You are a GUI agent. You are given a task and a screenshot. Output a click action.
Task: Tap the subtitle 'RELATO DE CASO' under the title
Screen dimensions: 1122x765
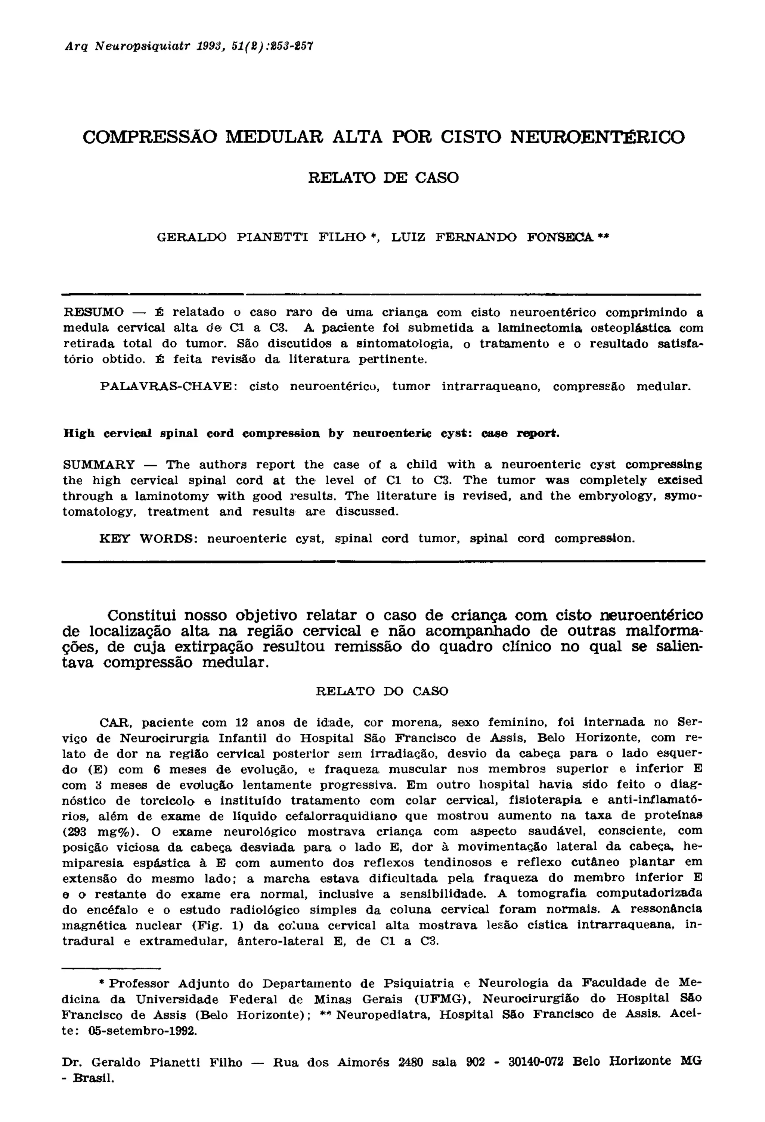pos(383,178)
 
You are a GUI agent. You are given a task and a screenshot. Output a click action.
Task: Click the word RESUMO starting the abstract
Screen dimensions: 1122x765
pos(94,312)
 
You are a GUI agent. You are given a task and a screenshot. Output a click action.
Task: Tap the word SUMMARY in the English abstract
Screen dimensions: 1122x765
pos(99,465)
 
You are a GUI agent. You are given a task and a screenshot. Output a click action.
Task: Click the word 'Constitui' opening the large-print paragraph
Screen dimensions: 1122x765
pos(143,616)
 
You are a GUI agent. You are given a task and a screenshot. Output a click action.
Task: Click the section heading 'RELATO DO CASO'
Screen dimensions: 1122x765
pos(382,691)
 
